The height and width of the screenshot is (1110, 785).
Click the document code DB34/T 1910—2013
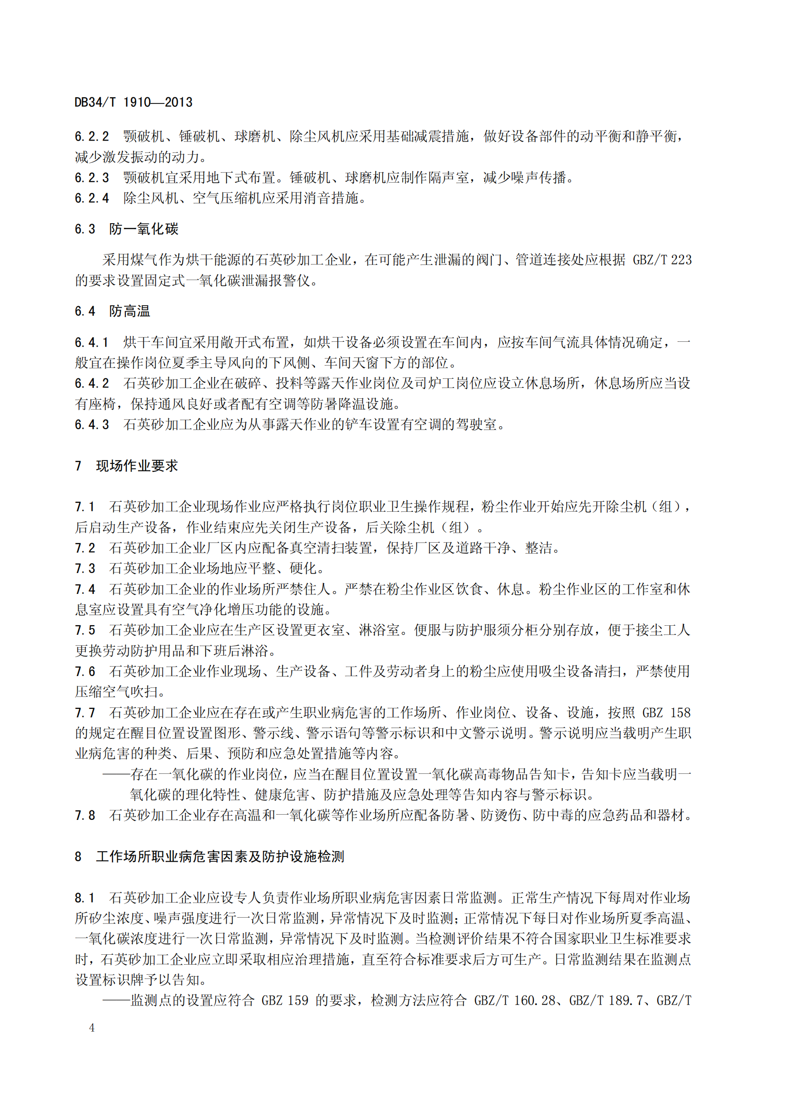coord(133,103)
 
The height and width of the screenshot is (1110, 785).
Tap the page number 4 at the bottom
coord(92,1028)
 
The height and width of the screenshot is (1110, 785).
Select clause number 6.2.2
coord(92,137)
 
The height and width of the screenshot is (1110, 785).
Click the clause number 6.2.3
coord(92,178)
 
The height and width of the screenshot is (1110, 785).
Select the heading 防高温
coord(130,311)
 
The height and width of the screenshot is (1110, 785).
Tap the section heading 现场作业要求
coord(137,466)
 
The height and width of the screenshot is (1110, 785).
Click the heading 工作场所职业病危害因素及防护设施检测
coord(220,856)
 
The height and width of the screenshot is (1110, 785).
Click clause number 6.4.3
coord(92,425)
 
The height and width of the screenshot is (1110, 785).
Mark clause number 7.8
coord(85,816)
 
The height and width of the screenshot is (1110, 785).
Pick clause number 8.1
coord(85,898)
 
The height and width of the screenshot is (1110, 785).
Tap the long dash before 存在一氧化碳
coord(116,774)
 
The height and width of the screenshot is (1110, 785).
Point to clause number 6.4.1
coord(92,343)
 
